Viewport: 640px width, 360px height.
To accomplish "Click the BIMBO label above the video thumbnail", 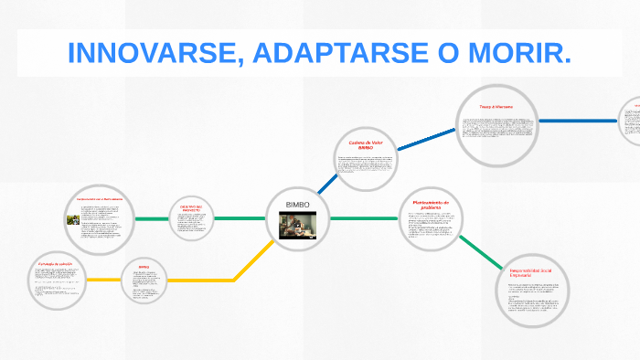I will click(298, 203).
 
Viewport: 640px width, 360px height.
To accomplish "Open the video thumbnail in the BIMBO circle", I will click(297, 225).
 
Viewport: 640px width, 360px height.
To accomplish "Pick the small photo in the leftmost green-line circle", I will click(73, 219).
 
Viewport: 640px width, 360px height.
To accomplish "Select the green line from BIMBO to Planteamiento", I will click(363, 219).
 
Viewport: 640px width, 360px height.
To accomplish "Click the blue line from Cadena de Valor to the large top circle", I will click(427, 142).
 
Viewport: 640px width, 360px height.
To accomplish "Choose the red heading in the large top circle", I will click(498, 107).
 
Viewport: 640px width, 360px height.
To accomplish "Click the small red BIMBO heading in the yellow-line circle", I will click(144, 267).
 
